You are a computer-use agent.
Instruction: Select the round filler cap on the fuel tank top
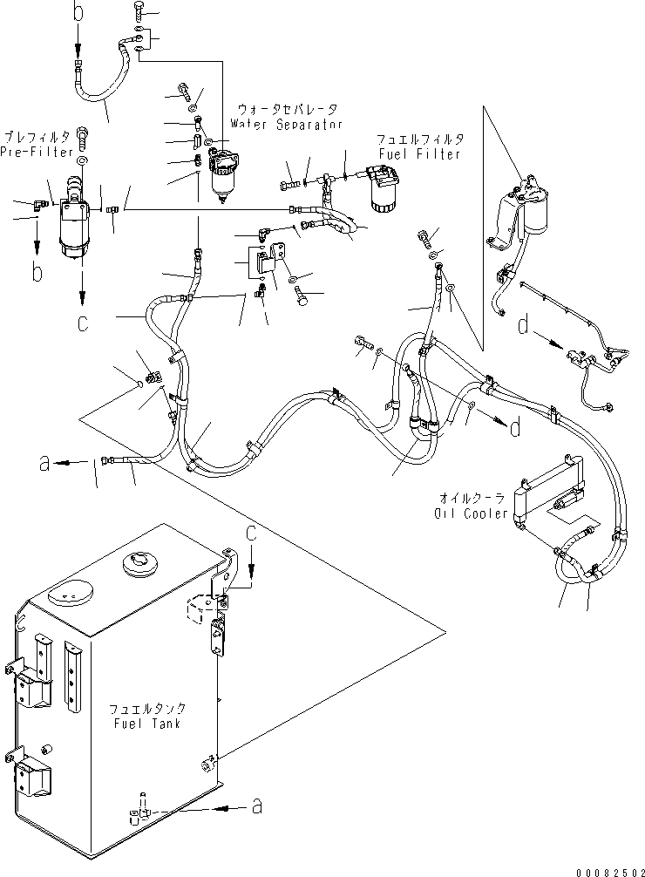coord(140,564)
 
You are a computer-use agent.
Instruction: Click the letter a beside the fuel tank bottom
coord(256,807)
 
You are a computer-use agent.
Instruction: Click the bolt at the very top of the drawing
coord(139,10)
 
